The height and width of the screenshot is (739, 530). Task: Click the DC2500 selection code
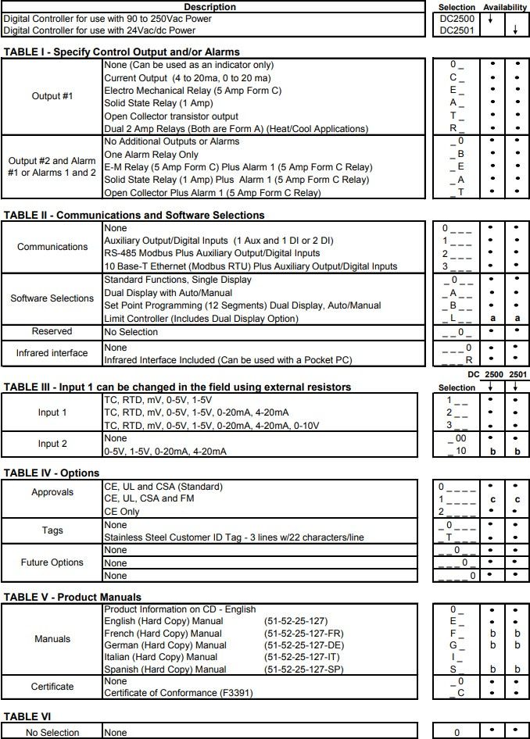click(457, 19)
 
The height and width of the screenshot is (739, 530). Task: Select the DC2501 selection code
click(457, 30)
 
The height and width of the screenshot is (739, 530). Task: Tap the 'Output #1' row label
click(52, 96)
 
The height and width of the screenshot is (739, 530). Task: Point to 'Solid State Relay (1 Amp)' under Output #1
click(158, 103)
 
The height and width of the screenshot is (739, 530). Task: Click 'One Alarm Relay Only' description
click(151, 155)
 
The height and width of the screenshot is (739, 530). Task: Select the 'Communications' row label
click(52, 247)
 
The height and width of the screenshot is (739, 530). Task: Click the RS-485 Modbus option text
click(212, 253)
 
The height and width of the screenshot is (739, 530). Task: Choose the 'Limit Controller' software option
click(201, 319)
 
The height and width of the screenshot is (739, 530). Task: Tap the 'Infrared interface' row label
click(52, 353)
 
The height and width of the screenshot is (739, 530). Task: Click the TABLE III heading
click(177, 387)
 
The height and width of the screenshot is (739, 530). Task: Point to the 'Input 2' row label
click(52, 444)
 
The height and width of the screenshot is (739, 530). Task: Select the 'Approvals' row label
click(52, 492)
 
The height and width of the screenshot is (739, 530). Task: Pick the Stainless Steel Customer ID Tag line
click(234, 537)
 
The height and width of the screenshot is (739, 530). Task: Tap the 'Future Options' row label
click(52, 562)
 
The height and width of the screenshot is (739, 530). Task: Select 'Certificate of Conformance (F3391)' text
click(178, 693)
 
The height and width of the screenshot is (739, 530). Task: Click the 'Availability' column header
click(504, 7)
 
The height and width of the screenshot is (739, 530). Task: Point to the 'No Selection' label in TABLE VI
click(52, 733)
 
